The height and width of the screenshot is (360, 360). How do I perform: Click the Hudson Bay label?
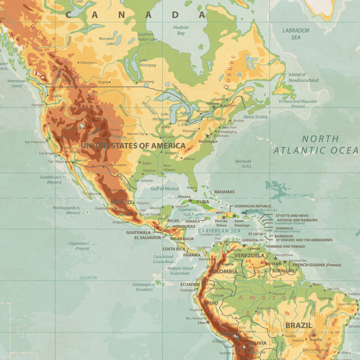pyautogui.click(x=180, y=30)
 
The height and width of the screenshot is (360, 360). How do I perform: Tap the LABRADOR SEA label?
pyautogui.click(x=296, y=34)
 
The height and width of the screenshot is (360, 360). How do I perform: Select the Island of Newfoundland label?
pyautogui.click(x=303, y=77)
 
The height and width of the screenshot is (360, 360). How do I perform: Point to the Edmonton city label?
pyautogui.click(x=89, y=63)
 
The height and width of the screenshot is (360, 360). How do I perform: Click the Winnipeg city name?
pyautogui.click(x=146, y=82)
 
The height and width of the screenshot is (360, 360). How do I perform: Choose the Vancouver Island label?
pyautogui.click(x=17, y=83)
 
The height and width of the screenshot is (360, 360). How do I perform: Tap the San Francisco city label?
pyautogui.click(x=35, y=142)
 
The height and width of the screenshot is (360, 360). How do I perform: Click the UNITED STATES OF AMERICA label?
pyautogui.click(x=133, y=146)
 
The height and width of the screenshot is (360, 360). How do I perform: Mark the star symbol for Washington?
pyautogui.click(x=207, y=135)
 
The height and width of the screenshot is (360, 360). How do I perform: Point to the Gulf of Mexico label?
pyautogui.click(x=165, y=189)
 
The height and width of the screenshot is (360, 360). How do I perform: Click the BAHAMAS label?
pyautogui.click(x=224, y=192)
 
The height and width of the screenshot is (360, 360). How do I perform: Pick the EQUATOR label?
pyautogui.click(x=88, y=278)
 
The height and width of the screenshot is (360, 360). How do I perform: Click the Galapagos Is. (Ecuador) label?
pyautogui.click(x=144, y=287)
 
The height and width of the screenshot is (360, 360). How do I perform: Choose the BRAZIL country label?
pyautogui.click(x=298, y=325)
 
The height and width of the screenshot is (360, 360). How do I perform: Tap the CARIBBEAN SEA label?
pyautogui.click(x=220, y=230)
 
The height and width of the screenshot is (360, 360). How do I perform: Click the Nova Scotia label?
pyautogui.click(x=256, y=117)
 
